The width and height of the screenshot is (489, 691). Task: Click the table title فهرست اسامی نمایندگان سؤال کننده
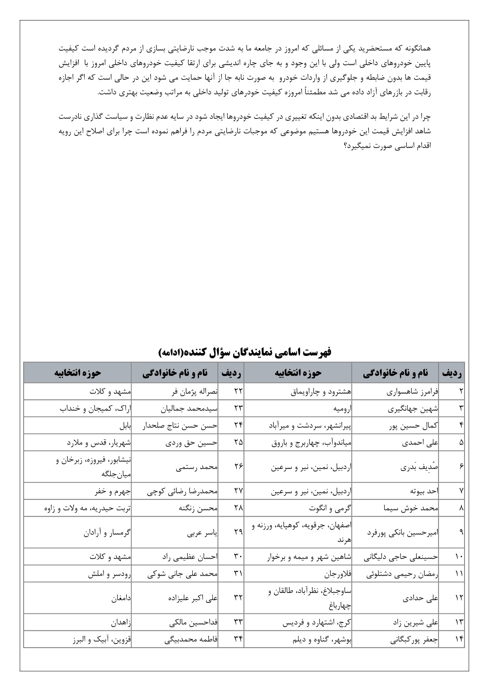point(244,352)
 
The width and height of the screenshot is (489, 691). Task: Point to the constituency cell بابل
point(125,426)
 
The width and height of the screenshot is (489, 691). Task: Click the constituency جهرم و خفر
point(112,491)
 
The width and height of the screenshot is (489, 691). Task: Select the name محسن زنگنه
point(198,508)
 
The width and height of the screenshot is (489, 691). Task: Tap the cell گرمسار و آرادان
point(107,532)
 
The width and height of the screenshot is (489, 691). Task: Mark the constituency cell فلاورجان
point(338,574)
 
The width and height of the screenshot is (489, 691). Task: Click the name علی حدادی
point(420,598)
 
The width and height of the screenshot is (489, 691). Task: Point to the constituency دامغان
point(121,598)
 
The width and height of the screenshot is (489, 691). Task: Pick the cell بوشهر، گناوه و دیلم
point(322,640)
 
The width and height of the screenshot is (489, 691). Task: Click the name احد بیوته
point(424,491)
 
